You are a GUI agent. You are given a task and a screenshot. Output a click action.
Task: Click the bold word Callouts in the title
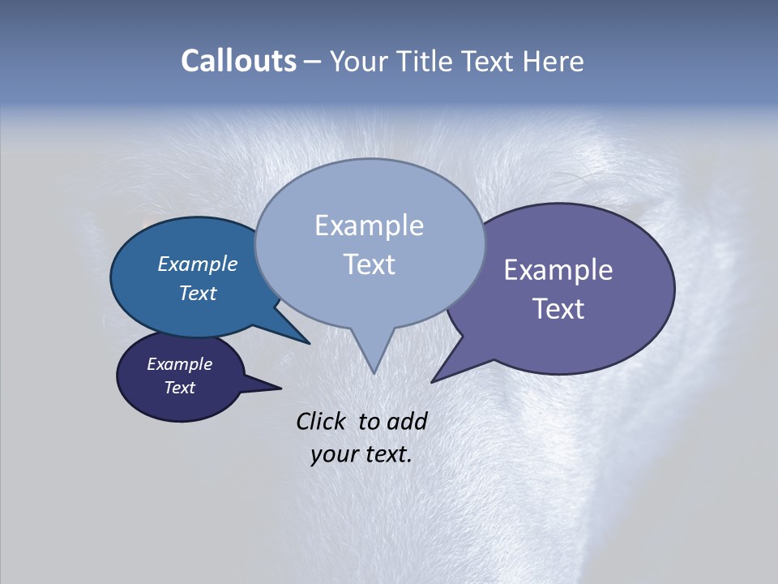pos(238,61)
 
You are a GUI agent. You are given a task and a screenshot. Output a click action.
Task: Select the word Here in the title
pos(554,61)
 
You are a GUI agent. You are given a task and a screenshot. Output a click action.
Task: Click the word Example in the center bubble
pos(369,225)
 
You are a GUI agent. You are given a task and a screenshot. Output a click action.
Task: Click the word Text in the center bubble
pos(369,264)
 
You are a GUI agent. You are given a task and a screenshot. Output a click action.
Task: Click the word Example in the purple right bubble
pos(558,270)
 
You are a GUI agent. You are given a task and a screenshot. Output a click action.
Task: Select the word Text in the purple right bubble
pos(558,309)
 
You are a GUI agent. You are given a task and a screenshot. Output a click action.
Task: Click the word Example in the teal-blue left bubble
pos(197,264)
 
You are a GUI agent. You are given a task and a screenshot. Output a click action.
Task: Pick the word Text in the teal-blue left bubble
pos(197,293)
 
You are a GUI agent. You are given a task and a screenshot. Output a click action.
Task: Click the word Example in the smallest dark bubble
pos(179,364)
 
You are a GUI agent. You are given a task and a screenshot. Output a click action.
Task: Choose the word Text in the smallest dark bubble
pos(179,388)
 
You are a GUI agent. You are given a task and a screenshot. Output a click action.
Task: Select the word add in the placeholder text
pos(407,421)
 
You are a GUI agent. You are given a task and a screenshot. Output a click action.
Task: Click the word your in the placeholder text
pos(333,454)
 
